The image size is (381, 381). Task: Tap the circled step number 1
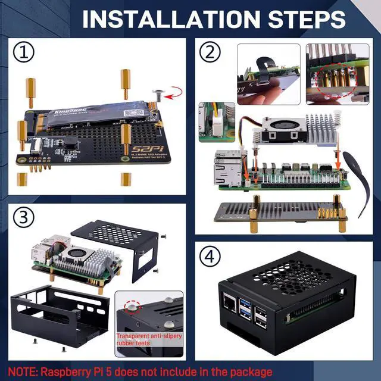click(24, 53)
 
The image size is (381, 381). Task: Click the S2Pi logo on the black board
click(148, 147)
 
